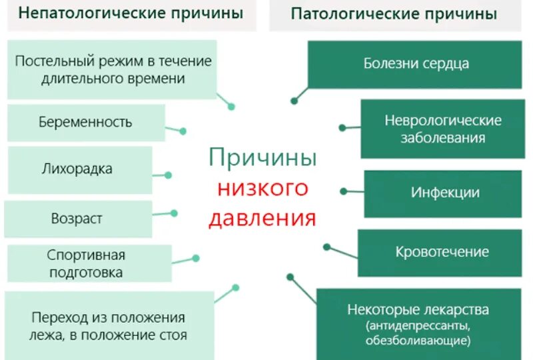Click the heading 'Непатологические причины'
131,14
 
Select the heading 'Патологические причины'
393,14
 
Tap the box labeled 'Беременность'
85,122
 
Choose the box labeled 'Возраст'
77,219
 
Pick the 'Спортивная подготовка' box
87,263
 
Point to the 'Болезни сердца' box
416,64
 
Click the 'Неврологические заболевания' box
443,129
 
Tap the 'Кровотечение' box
442,252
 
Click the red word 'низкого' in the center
263,188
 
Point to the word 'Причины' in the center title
263,158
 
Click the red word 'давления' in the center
263,219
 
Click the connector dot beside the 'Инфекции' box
343,191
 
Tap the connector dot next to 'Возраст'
174,213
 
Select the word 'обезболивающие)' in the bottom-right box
418,341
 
